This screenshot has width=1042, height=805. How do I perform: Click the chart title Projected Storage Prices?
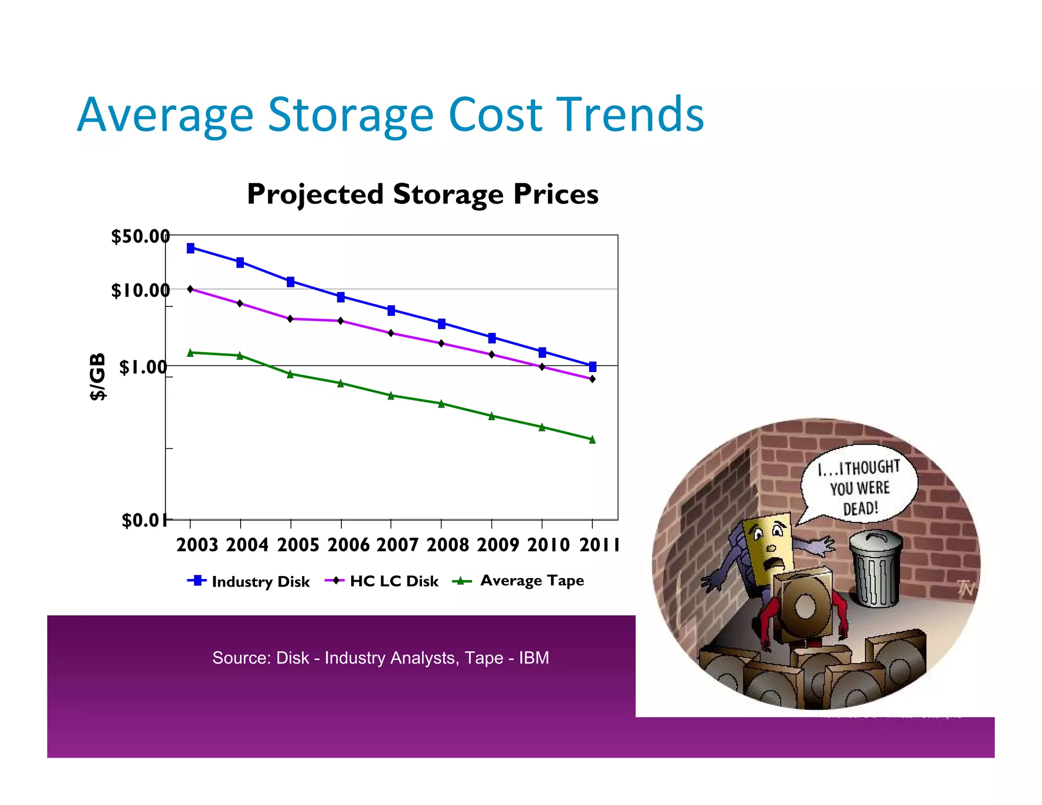[422, 194]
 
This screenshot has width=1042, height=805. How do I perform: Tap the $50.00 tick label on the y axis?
[140, 237]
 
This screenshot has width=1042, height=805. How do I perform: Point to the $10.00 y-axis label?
[140, 291]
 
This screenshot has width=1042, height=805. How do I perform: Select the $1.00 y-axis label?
[143, 367]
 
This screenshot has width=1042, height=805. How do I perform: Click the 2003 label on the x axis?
[197, 545]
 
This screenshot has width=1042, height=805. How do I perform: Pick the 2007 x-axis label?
[397, 545]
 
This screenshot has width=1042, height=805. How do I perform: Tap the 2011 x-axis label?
[599, 545]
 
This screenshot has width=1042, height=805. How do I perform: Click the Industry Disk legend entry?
[249, 581]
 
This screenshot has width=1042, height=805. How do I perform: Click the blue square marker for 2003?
[190, 248]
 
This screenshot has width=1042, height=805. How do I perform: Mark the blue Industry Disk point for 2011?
[592, 366]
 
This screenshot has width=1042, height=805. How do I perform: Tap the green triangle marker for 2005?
[291, 374]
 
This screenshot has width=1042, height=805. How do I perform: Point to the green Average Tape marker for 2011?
[592, 440]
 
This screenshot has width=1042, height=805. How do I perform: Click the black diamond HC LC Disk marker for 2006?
[341, 321]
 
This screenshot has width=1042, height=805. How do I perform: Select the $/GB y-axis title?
[97, 377]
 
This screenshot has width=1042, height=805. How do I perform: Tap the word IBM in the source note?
[534, 658]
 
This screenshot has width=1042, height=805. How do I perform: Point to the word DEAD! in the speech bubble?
[860, 508]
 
